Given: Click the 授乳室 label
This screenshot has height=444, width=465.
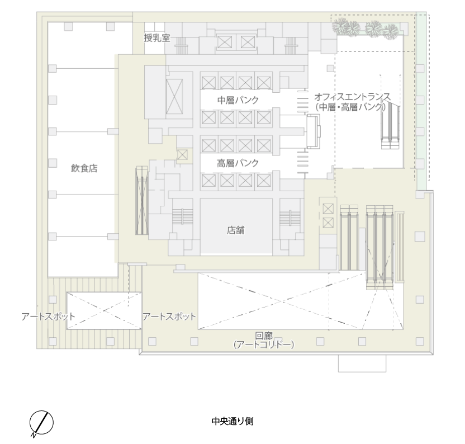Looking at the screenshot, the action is pyautogui.click(x=157, y=38).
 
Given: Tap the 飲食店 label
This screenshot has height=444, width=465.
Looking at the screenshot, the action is pyautogui.click(x=84, y=168).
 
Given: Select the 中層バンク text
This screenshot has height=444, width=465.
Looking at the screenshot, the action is pyautogui.click(x=238, y=100).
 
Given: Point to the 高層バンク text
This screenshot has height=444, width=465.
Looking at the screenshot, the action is pyautogui.click(x=238, y=163).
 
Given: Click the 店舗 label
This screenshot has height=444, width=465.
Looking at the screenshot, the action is pyautogui.click(x=236, y=230).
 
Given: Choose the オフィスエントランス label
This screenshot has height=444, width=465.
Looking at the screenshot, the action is pyautogui.click(x=353, y=96).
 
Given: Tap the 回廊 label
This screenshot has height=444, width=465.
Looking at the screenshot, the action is pyautogui.click(x=264, y=336).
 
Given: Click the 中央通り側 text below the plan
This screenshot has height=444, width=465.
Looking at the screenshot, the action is pyautogui.click(x=232, y=421).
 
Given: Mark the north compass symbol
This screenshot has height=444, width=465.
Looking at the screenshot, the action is pyautogui.click(x=41, y=423).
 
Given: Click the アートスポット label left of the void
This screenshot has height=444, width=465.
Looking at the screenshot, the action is pyautogui.click(x=48, y=317).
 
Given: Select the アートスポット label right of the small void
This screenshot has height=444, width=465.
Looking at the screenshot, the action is pyautogui.click(x=169, y=317).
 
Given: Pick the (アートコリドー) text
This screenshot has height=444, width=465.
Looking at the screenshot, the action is pyautogui.click(x=264, y=344).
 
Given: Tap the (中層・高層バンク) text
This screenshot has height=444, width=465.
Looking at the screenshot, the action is pyautogui.click(x=351, y=107).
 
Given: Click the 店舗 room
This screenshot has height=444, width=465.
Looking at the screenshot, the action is pyautogui.click(x=236, y=226).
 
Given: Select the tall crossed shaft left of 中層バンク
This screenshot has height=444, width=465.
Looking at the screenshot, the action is pyautogui.click(x=174, y=97).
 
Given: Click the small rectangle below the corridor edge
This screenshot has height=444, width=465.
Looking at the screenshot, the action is pyautogui.click(x=362, y=363).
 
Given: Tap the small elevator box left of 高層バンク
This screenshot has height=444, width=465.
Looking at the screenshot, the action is pyautogui.click(x=182, y=155).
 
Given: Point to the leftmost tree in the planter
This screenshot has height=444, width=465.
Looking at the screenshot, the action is pyautogui.click(x=340, y=25).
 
